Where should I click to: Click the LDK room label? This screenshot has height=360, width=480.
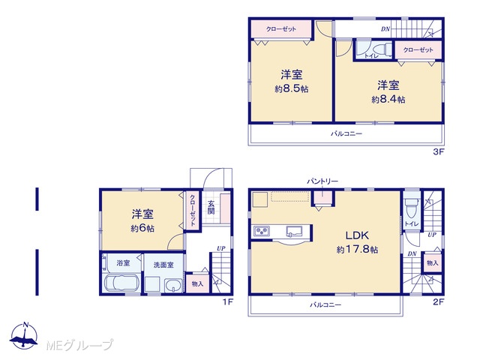point(357,235)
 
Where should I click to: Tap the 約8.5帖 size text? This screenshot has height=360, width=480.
point(292,89)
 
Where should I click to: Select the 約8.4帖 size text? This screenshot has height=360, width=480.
point(388,100)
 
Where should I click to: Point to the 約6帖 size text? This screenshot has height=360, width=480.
point(142,228)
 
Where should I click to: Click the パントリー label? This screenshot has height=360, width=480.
point(322,181)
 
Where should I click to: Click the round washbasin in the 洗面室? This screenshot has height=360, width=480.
point(173,286)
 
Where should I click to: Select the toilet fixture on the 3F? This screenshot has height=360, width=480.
point(381,49)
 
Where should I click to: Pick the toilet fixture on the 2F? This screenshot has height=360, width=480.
point(412,208)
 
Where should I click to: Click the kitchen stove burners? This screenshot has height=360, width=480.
point(261,231)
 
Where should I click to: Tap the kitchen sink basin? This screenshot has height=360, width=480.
point(294,231)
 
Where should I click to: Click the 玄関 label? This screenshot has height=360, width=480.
point(211,207)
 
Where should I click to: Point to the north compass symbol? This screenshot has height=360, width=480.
point(24,335)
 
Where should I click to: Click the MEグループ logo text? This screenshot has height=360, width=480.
point(79,346)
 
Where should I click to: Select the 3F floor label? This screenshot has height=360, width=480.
point(438,151)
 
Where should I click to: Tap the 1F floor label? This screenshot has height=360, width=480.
point(228,301)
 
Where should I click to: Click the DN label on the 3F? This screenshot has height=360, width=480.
point(385,29)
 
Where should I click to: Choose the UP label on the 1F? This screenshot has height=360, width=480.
point(221,248)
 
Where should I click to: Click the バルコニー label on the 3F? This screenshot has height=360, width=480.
point(346,133)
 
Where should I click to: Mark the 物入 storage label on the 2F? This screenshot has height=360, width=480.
point(433,262)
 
